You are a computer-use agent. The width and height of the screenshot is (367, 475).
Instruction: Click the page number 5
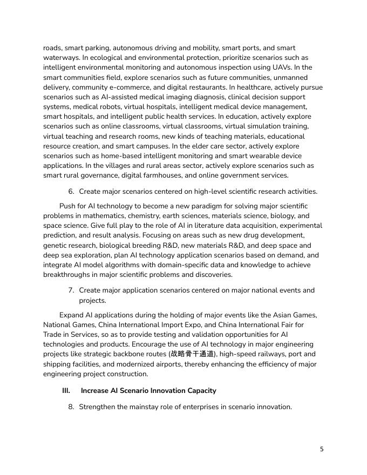click(322, 449)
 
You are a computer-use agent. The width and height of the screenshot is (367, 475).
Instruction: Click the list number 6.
click(71, 191)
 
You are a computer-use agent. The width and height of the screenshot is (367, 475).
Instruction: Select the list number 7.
click(71, 290)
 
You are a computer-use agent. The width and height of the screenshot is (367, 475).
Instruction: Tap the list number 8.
click(71, 406)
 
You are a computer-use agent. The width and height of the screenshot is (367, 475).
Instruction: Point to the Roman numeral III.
click(66, 390)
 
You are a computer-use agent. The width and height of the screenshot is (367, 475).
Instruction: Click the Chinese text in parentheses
click(192, 354)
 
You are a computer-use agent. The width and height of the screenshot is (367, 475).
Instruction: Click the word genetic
click(56, 245)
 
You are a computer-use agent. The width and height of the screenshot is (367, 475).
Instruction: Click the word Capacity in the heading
click(199, 390)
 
